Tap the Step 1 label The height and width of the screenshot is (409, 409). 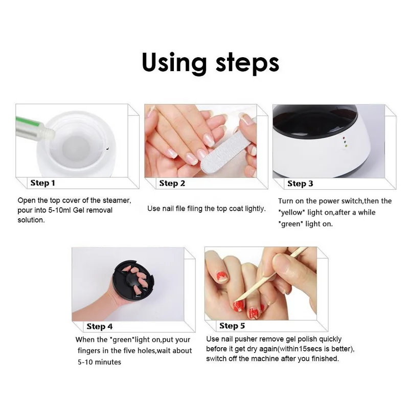click(x=43, y=183)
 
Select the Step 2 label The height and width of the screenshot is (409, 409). click(x=172, y=184)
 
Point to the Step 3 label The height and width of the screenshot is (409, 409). click(x=300, y=184)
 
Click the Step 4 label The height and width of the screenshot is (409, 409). click(x=100, y=326)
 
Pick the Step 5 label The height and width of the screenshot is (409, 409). click(x=232, y=326)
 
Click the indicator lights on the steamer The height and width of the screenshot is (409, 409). click(x=345, y=142)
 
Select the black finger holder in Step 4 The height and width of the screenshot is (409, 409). click(x=133, y=280)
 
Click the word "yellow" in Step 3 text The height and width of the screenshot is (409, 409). click(x=291, y=213)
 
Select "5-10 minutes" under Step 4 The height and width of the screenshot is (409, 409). click(x=99, y=362)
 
